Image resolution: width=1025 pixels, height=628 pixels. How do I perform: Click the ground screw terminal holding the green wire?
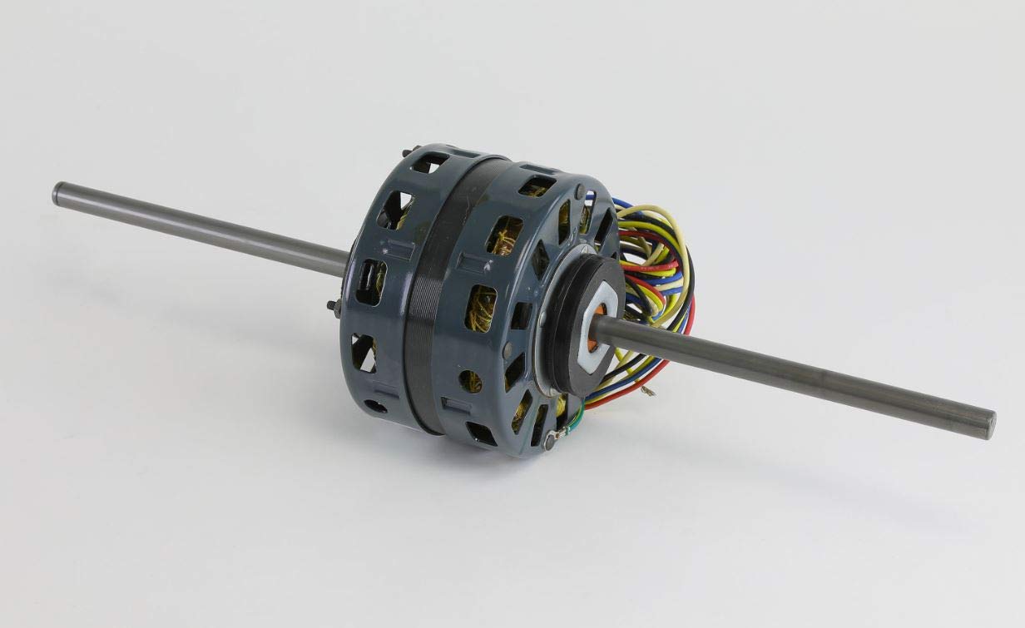[549, 439]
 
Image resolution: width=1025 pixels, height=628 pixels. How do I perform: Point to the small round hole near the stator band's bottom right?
[470, 382]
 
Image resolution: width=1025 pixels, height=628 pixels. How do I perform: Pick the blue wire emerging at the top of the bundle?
[621, 203]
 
